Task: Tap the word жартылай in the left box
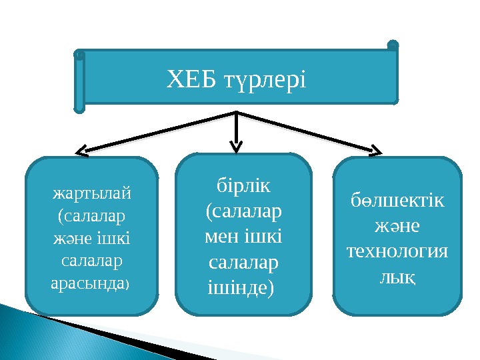click(x=92, y=193)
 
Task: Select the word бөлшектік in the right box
click(x=397, y=201)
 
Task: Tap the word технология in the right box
click(x=397, y=251)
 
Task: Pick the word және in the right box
click(x=397, y=226)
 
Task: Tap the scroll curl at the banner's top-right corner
click(x=393, y=46)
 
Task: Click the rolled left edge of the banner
click(x=80, y=80)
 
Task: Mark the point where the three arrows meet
click(x=237, y=113)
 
